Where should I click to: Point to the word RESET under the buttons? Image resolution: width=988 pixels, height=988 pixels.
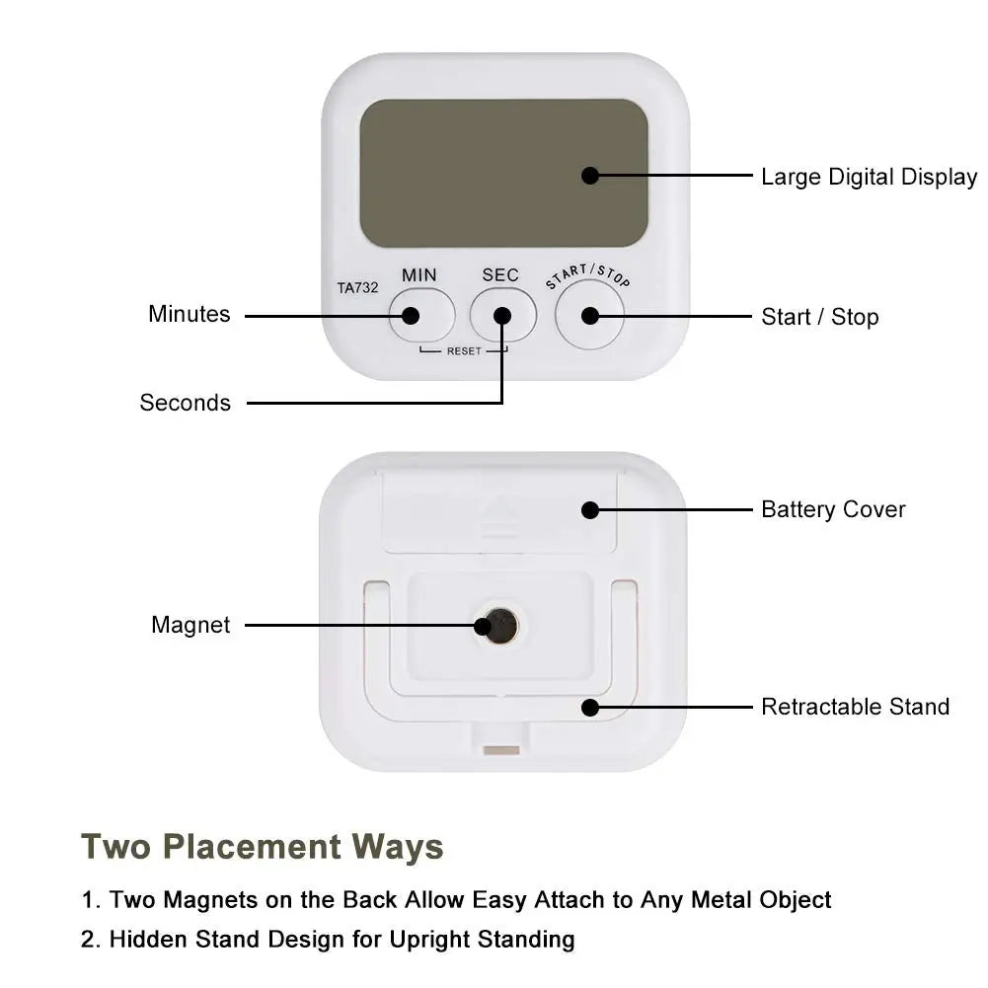pyautogui.click(x=463, y=351)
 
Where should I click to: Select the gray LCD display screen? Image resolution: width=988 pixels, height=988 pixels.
pyautogui.click(x=503, y=174)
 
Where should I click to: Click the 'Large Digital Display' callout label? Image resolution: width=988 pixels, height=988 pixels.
pyautogui.click(x=869, y=178)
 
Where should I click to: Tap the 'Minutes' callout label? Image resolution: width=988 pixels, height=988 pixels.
pyautogui.click(x=189, y=314)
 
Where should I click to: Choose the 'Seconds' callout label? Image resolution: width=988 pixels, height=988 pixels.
pyautogui.click(x=185, y=403)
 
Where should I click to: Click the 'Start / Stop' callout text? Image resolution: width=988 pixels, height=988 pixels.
pyautogui.click(x=819, y=317)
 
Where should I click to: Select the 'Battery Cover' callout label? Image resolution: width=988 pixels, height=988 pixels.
pyautogui.click(x=832, y=509)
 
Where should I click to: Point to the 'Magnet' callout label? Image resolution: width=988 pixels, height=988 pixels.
pyautogui.click(x=190, y=625)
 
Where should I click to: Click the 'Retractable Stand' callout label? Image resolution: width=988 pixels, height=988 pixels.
pyautogui.click(x=855, y=707)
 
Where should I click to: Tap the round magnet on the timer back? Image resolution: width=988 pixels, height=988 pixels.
pyautogui.click(x=498, y=625)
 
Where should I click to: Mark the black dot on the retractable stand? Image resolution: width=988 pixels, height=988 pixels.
pyautogui.click(x=590, y=707)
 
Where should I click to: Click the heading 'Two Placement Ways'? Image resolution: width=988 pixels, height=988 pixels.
pyautogui.click(x=263, y=847)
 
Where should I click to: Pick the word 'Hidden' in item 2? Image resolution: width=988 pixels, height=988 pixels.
pyautogui.click(x=147, y=939)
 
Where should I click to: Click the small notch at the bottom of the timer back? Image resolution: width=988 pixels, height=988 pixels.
pyautogui.click(x=501, y=750)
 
